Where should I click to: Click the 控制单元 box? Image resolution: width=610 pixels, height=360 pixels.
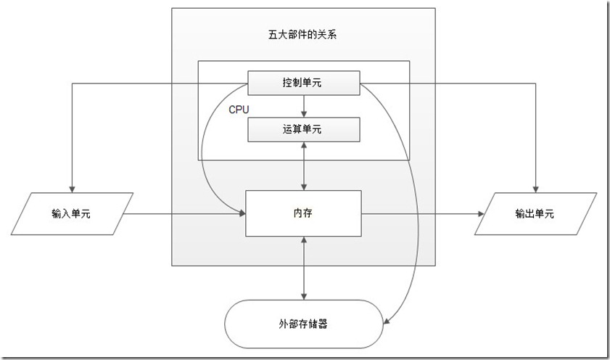click(304, 83)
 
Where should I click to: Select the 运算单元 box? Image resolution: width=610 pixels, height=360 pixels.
click(304, 129)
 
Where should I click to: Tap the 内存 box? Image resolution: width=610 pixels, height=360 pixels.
click(303, 213)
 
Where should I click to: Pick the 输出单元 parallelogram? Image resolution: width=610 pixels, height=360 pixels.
click(535, 214)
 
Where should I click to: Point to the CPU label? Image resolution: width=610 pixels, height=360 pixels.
click(239, 110)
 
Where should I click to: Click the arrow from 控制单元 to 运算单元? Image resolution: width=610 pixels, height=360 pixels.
click(304, 106)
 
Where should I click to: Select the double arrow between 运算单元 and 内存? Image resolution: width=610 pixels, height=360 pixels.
click(304, 166)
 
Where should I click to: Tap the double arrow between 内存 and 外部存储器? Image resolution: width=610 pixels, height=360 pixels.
click(304, 268)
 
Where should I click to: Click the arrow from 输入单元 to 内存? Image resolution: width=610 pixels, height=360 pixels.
click(185, 214)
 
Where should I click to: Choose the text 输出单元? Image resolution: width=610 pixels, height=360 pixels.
click(535, 214)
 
